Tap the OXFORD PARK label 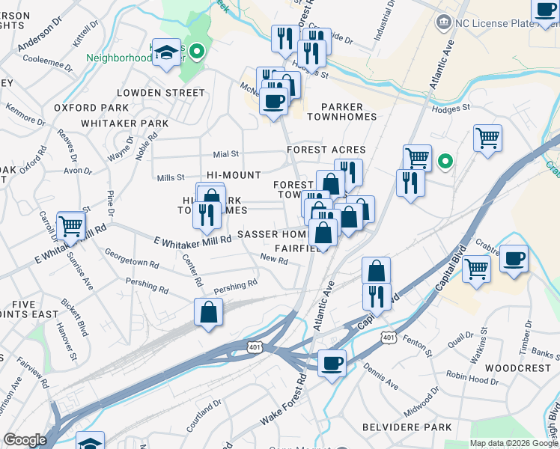87,108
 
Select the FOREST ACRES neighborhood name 326,150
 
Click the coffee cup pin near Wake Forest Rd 332,364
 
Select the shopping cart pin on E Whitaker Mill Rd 70,225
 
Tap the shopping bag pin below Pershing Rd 209,313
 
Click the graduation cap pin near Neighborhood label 167,52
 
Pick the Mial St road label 225,153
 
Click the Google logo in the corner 25,440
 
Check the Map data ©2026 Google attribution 513,443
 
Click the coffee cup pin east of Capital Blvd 513,259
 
